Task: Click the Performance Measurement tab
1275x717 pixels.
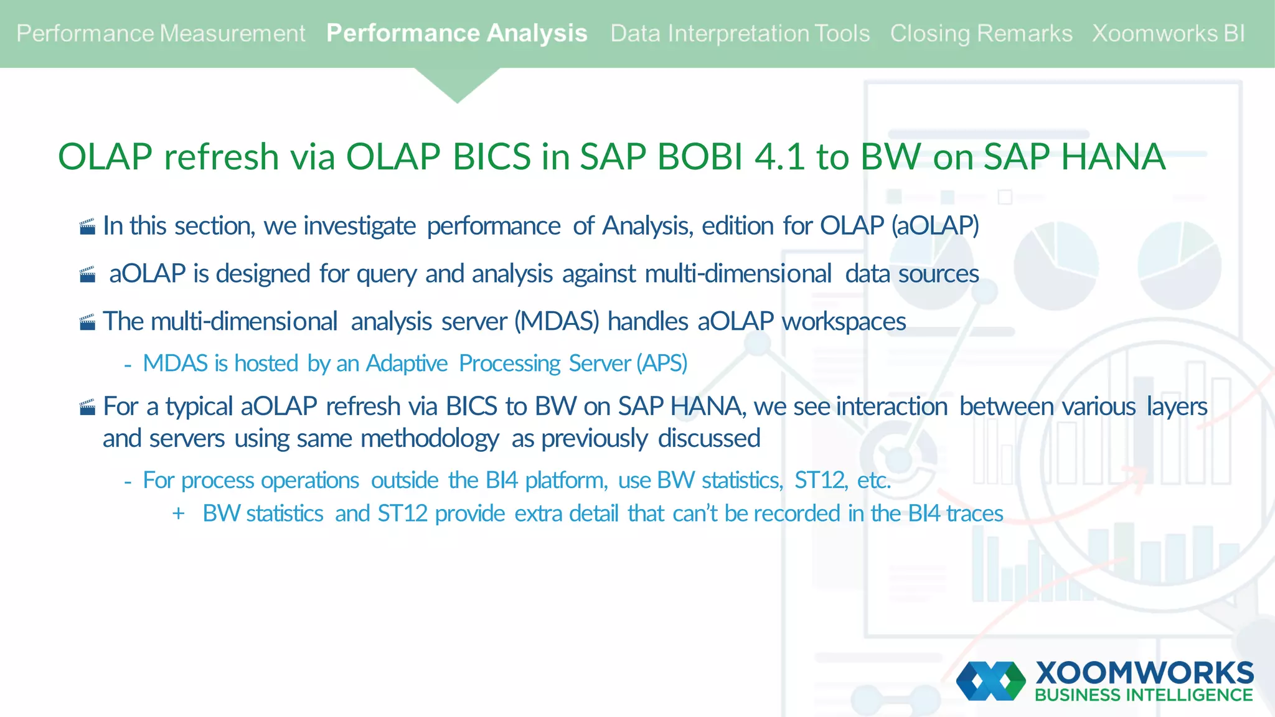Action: point(161,34)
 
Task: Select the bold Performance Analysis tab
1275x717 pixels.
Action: point(456,34)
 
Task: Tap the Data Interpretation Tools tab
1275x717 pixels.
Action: point(740,34)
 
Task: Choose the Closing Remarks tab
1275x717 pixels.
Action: point(981,34)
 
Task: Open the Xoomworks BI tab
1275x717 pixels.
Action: point(1168,34)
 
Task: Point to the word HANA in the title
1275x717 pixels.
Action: point(1113,157)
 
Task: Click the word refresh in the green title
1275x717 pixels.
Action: point(221,157)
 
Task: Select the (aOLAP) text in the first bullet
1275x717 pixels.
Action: point(934,226)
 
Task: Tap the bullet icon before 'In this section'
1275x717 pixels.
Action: point(88,227)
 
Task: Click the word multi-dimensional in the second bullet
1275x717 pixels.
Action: point(738,274)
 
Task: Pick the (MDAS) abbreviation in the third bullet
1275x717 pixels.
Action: point(557,322)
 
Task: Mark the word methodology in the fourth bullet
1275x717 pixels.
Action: point(430,439)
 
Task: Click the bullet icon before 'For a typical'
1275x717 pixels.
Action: point(88,408)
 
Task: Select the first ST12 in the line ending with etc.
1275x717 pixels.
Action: point(820,480)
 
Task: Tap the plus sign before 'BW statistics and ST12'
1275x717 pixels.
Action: point(179,513)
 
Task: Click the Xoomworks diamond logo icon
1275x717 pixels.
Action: point(990,681)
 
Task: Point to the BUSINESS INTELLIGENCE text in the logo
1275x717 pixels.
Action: point(1144,695)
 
